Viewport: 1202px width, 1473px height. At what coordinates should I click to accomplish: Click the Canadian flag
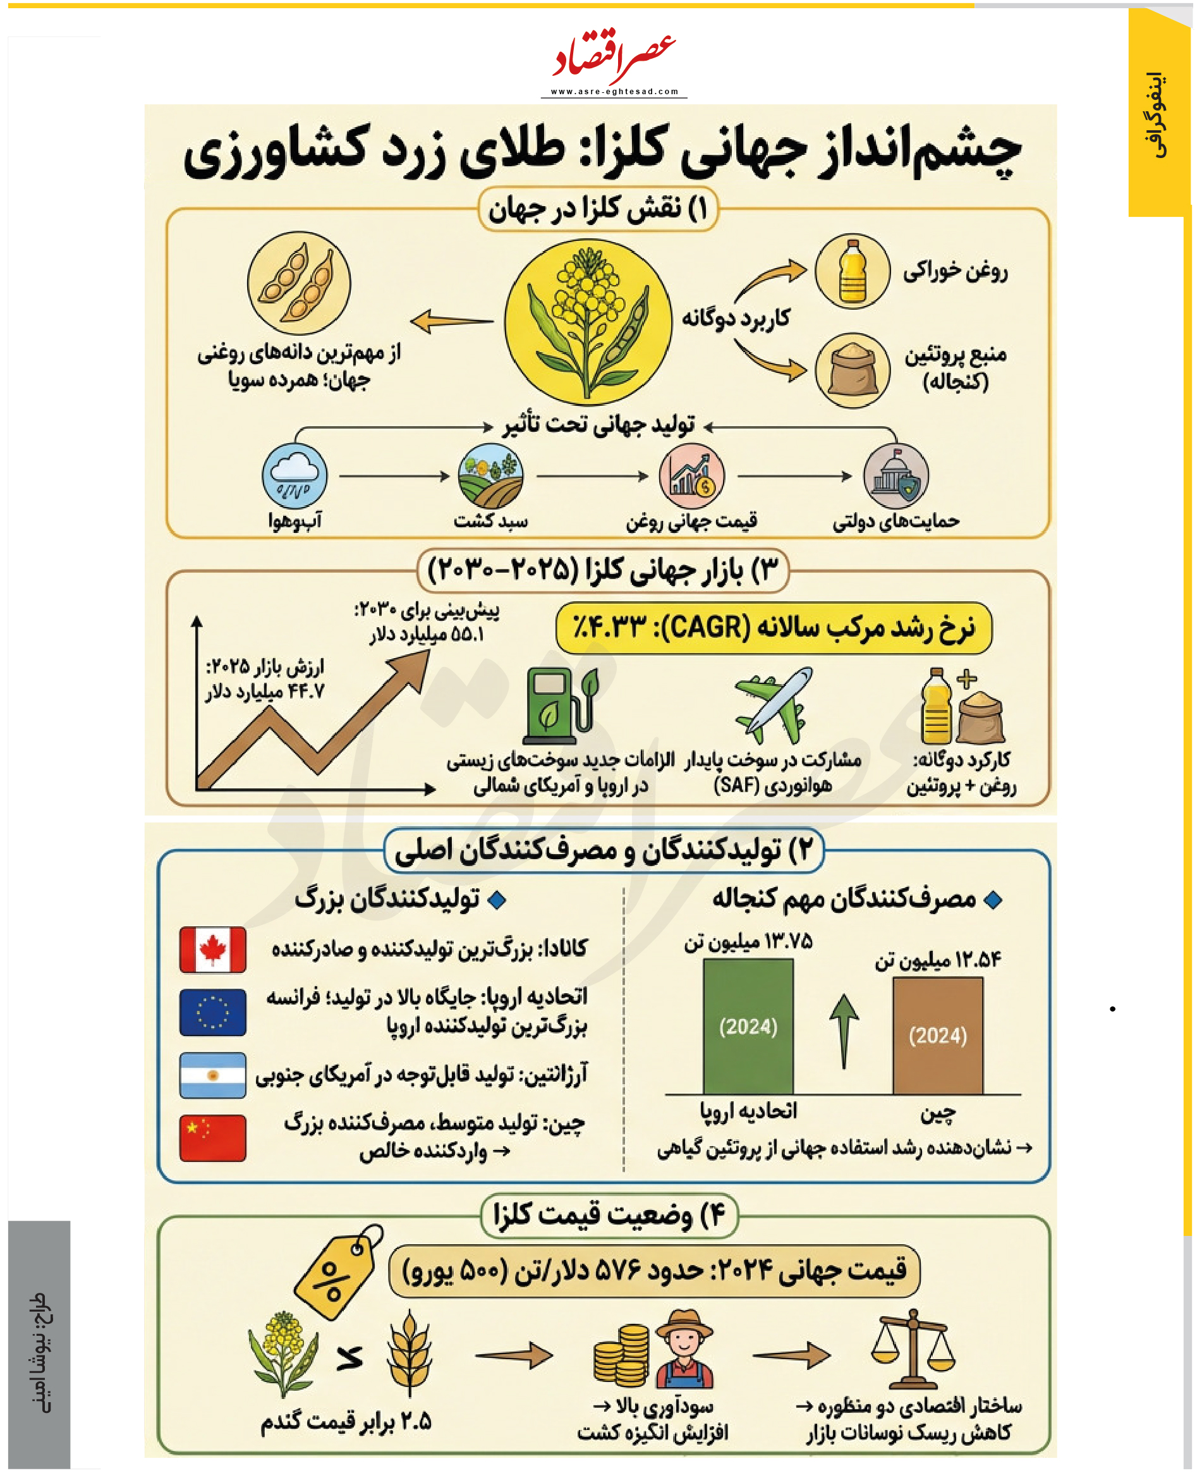coord(212,950)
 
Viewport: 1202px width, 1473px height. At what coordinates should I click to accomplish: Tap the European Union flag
coord(212,1012)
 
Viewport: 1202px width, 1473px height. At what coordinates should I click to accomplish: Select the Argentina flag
coord(212,1075)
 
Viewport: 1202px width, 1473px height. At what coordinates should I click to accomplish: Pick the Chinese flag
coord(212,1137)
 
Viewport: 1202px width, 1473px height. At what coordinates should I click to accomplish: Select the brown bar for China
coord(937,1036)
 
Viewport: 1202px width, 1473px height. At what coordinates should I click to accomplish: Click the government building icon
coord(895,477)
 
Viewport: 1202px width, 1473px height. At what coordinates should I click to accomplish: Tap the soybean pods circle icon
coord(298,283)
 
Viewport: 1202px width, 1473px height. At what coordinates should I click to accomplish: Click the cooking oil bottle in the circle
coord(853,271)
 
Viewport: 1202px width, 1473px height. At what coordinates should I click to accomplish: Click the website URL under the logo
coord(614,92)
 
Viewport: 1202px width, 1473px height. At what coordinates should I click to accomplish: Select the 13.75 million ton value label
coord(748,942)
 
